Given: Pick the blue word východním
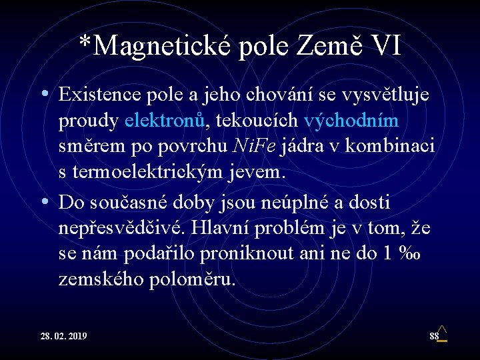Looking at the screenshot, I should click(351, 121).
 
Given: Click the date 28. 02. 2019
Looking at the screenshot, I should click(63, 336).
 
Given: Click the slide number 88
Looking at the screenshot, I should click(434, 336).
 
